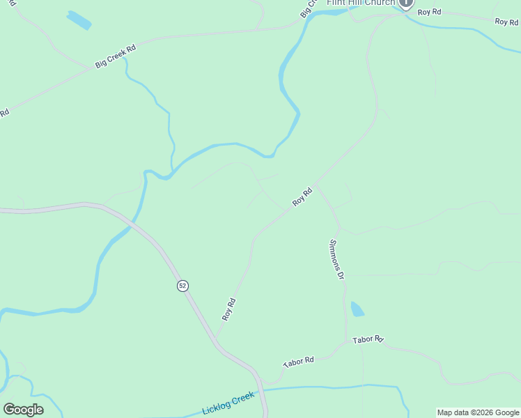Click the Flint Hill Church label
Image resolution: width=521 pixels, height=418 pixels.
[x=361, y=3]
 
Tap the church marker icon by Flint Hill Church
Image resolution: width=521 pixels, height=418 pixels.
[x=405, y=3]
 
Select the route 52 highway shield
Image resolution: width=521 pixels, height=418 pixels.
[x=182, y=286]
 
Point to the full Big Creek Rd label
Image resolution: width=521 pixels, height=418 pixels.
[x=116, y=56]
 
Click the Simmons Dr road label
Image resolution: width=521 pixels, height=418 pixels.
[x=336, y=259]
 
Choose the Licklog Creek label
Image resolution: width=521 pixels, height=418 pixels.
[x=228, y=403]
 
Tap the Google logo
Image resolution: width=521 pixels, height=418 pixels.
[x=23, y=410]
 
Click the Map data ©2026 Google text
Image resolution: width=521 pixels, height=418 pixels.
[x=478, y=412]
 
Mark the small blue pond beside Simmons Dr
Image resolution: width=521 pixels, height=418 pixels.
[x=357, y=309]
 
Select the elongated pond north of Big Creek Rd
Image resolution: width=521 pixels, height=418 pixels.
[x=79, y=20]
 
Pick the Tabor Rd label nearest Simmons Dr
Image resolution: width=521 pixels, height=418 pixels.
[x=368, y=340]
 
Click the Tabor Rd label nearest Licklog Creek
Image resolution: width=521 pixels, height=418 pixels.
[x=299, y=362]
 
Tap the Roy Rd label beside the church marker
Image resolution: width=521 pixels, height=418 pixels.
[x=430, y=13]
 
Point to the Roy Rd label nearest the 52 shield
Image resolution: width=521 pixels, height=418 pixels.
[x=229, y=309]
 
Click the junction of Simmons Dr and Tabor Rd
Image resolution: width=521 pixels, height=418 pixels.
[x=346, y=342]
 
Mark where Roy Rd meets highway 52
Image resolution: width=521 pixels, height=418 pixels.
[x=215, y=341]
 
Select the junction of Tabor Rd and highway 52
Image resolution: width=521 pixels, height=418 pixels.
[x=258, y=380]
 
